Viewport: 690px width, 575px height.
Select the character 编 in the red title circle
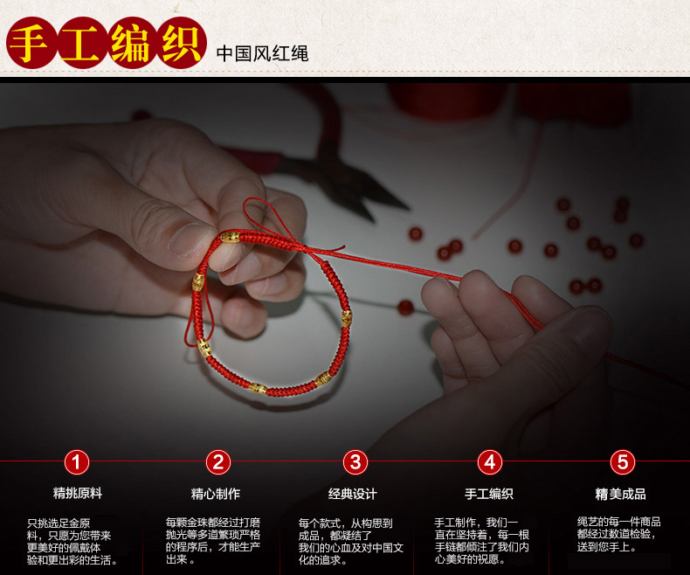point(131,43)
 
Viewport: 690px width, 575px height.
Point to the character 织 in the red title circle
point(182,43)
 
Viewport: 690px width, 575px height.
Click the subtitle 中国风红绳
point(262,53)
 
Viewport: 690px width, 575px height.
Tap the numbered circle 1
point(77,462)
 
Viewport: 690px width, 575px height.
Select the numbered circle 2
point(218,462)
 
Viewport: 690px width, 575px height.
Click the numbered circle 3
point(355,462)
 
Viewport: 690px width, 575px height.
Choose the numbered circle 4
point(490,462)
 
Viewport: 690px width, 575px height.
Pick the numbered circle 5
point(623,462)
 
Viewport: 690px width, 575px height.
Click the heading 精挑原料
point(78,493)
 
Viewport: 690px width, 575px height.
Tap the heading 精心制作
point(216,494)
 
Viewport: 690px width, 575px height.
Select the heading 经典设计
point(353,494)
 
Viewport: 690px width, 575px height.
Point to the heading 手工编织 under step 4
point(489,494)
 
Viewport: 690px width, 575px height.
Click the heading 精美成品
point(620,494)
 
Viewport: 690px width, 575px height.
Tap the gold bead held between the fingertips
point(230,238)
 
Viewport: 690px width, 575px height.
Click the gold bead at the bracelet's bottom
point(258,389)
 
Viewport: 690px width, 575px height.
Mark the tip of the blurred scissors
point(409,208)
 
